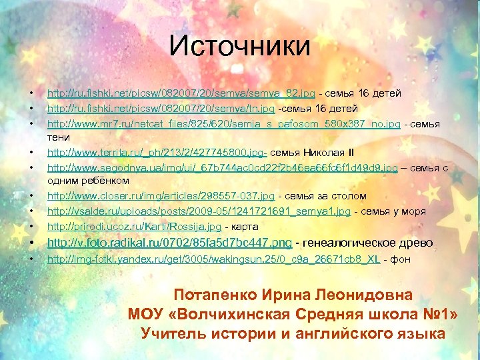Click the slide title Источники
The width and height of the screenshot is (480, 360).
(239, 46)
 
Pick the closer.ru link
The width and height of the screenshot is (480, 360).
(160, 196)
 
